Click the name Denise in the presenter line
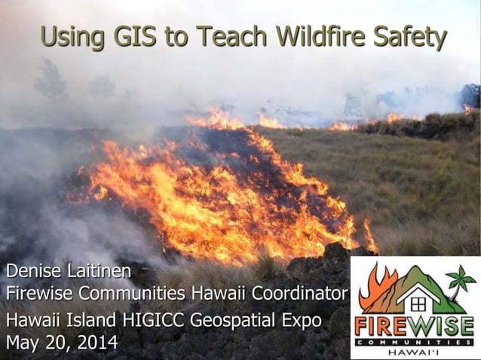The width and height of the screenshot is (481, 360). (x=32, y=270)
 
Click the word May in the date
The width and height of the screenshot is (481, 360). (x=23, y=343)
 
